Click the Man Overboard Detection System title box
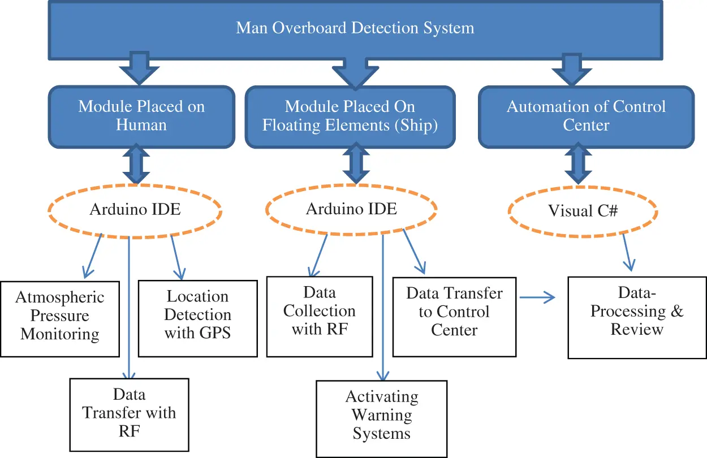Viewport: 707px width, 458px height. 355,28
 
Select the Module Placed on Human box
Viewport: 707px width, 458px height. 141,116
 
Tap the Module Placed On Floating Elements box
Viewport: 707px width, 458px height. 350,116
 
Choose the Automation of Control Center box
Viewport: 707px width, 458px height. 586,116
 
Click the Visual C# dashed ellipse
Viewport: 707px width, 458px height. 583,211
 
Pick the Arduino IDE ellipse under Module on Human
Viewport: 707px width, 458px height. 135,209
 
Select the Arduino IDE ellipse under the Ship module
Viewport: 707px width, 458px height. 351,209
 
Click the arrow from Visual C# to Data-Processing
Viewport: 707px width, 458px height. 628,252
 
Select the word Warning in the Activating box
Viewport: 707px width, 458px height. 382,415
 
